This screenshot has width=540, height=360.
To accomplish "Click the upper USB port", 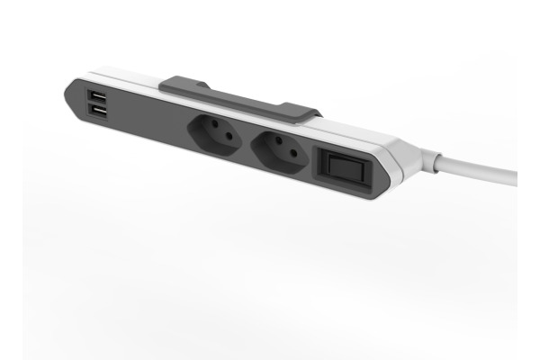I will point(96,95).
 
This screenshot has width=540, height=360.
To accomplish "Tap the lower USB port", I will point(96,112).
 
